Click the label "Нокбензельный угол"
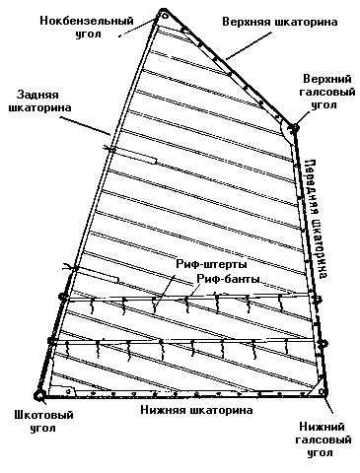coord(87,27)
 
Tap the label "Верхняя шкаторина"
coord(280,22)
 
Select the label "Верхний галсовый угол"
coord(327,92)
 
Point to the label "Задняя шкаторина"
coord(39,101)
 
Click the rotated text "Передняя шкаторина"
coord(316,219)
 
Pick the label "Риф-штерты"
coord(212,264)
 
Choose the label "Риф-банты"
coord(229,279)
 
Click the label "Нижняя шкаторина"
coord(196,410)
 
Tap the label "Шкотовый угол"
coord(43,422)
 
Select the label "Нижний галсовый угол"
coord(324,439)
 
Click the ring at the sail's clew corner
coord(39,395)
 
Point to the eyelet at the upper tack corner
coord(294,128)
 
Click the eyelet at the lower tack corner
coord(323,391)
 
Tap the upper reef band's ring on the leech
coord(63,297)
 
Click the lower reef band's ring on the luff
coord(323,344)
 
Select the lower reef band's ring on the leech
coord(51,341)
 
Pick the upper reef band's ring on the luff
coord(318,300)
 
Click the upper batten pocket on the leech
coord(133,156)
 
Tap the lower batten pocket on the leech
coord(96,275)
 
